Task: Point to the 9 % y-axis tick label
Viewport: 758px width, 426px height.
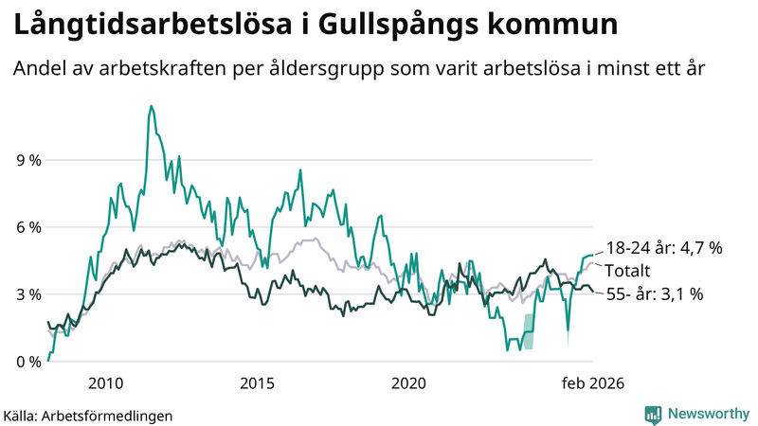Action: click(x=28, y=160)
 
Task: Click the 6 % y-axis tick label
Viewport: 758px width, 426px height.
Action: click(x=28, y=227)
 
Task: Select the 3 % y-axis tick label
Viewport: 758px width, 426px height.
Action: click(x=28, y=294)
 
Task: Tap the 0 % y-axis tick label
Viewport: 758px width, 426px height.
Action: click(x=28, y=362)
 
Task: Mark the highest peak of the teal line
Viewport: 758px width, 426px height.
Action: click(x=151, y=106)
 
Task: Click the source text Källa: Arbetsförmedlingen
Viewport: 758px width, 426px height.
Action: click(x=88, y=415)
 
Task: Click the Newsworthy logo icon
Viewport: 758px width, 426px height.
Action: click(x=654, y=414)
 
